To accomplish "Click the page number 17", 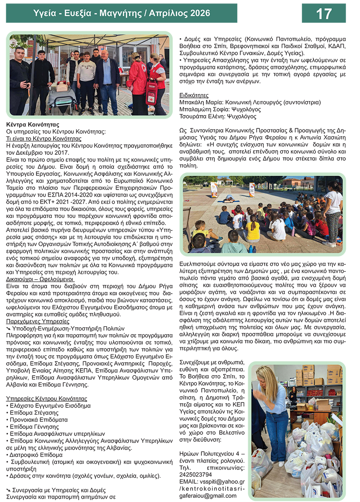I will point(324,13).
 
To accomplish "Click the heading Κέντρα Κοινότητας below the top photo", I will point(33,125).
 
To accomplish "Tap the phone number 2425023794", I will point(195,474).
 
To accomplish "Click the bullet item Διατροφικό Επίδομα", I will point(36,454).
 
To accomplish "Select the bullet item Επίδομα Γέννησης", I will point(34,426).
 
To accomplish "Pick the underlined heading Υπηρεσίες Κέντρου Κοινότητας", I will point(47,399).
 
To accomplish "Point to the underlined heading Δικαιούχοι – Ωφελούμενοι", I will point(40,278).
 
